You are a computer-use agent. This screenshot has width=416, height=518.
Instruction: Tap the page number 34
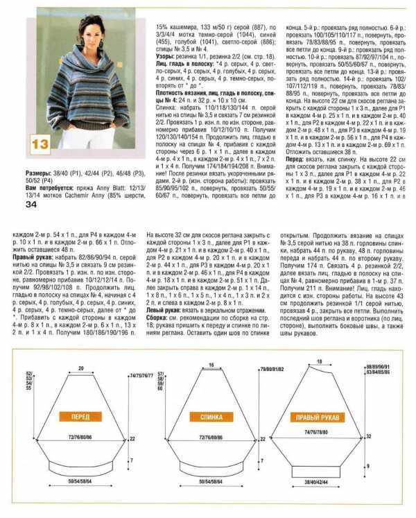click(x=31, y=204)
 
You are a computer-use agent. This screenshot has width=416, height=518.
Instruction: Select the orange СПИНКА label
click(x=211, y=417)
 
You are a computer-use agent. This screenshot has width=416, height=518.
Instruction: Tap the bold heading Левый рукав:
click(x=167, y=311)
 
